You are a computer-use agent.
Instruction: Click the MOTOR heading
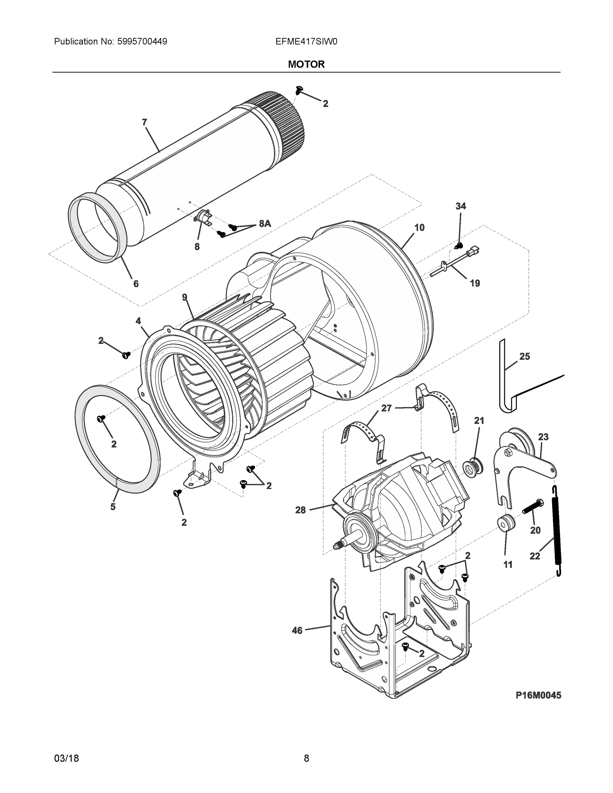click(x=306, y=64)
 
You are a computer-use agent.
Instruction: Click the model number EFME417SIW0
click(x=306, y=42)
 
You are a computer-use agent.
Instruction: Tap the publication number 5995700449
click(x=142, y=42)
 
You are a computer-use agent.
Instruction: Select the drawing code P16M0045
click(x=538, y=695)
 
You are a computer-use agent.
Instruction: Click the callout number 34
click(x=460, y=206)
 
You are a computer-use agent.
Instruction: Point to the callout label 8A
click(x=265, y=224)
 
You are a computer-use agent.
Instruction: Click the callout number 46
click(x=297, y=631)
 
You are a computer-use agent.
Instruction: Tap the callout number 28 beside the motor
click(x=300, y=510)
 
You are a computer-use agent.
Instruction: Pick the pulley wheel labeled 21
click(x=473, y=467)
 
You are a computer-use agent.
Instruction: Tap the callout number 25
click(x=524, y=357)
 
